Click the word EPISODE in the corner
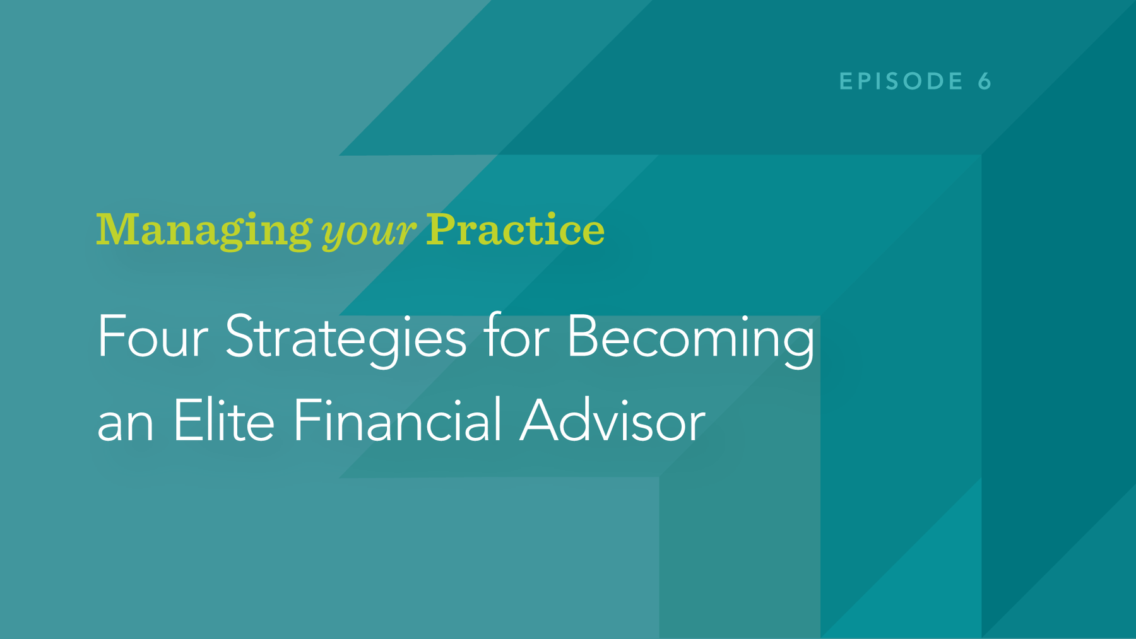point(901,81)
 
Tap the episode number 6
point(985,81)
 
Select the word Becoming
point(691,341)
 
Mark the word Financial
point(398,419)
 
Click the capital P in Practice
point(442,229)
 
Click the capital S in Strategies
point(240,337)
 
